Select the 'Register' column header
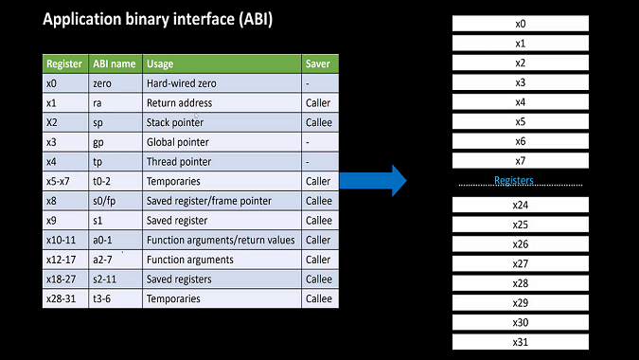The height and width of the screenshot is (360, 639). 63,63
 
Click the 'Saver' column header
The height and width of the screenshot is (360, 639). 318,63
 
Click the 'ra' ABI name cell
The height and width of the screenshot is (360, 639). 98,102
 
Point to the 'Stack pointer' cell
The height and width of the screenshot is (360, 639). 175,122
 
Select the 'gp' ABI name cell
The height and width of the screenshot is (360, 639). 99,142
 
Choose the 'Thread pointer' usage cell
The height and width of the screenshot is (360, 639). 179,161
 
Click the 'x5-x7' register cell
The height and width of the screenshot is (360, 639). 59,181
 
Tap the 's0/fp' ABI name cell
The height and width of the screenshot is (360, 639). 105,201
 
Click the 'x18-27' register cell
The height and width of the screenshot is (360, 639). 61,279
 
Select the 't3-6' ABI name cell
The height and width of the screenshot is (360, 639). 103,298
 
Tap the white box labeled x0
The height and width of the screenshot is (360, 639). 520,24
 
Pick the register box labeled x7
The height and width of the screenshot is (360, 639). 520,161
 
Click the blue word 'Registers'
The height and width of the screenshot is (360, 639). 514,180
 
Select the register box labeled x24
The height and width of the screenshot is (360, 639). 520,206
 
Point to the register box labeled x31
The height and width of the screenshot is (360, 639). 520,342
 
